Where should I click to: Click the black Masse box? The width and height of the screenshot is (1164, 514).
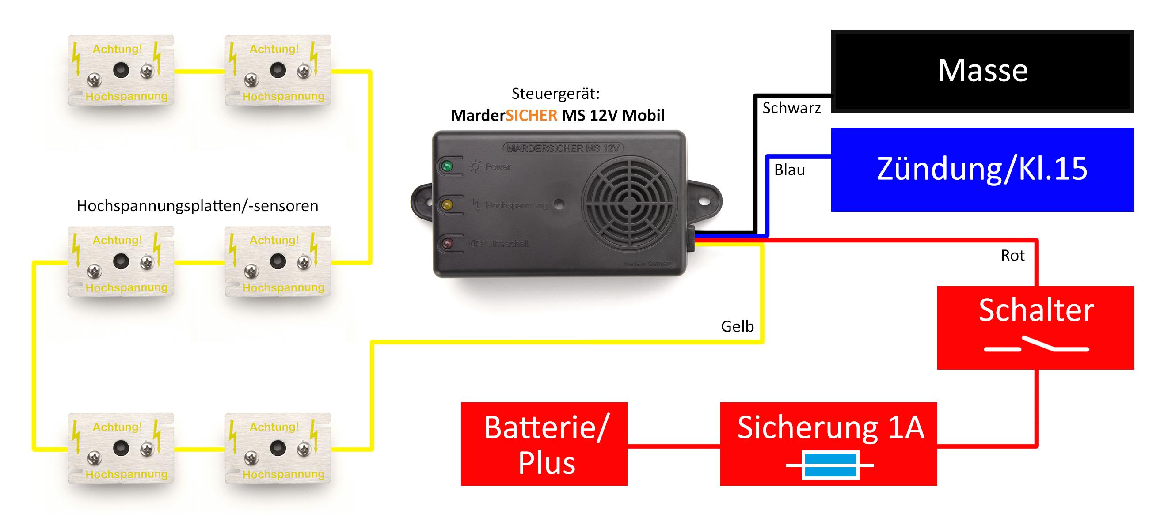pos(982,71)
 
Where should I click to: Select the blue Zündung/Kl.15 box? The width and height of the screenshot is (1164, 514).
pos(982,170)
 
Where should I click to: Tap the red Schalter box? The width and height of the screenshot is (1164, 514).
pos(1036,328)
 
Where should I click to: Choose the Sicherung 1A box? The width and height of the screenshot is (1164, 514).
pos(828,443)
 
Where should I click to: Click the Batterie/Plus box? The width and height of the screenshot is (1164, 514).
pos(544,443)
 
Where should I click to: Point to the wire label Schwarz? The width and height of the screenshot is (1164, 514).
pos(791,108)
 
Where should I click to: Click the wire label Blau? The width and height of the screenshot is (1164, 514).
pos(789,170)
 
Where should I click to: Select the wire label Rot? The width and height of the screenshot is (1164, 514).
pos(1012,256)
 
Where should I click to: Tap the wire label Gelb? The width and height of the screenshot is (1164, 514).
pos(737,326)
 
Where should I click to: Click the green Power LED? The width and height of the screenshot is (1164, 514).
pos(447,166)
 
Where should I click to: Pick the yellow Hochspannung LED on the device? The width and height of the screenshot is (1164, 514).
pos(447,205)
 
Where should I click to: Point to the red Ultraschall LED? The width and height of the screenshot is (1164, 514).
pos(447,244)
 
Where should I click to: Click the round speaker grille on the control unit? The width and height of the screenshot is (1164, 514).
pos(628,204)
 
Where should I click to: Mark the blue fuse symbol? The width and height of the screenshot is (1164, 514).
pos(830,465)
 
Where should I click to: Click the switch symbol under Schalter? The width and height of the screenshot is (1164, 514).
pos(1036,347)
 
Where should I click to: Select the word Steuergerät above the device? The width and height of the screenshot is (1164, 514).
pos(555,94)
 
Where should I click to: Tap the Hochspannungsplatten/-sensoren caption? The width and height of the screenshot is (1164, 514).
pos(198,206)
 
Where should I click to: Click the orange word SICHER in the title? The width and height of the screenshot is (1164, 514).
pos(531,116)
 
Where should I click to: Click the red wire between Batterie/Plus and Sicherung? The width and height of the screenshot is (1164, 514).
pos(674,446)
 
